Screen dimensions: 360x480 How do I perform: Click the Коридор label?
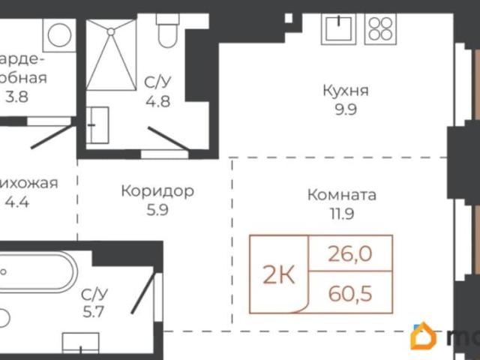[157, 191]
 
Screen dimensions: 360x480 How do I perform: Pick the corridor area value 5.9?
[157, 211]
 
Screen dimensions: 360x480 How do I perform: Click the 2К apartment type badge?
[278, 275]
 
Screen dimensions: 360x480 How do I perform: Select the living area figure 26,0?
[350, 255]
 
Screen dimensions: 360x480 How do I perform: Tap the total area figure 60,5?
[350, 290]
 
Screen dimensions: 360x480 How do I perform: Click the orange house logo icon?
[425, 337]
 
